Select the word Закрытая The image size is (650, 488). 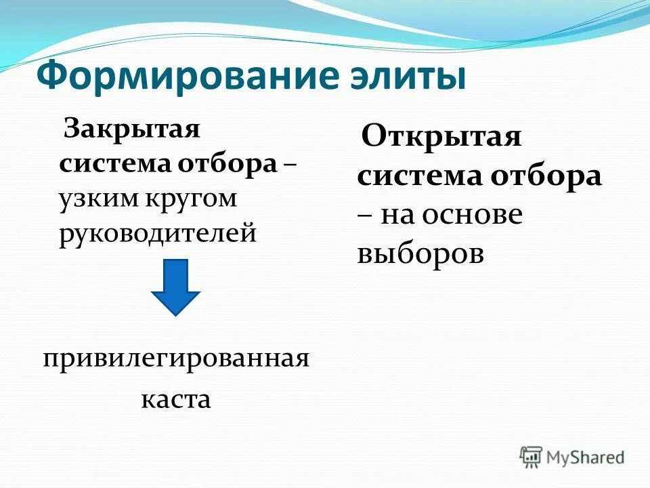pyautogui.click(x=131, y=129)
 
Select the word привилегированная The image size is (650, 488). pyautogui.click(x=175, y=357)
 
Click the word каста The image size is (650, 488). pyautogui.click(x=175, y=399)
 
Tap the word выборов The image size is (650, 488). pyautogui.click(x=420, y=253)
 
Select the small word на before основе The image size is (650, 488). pyautogui.click(x=397, y=215)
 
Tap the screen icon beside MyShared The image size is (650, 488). pyautogui.click(x=532, y=457)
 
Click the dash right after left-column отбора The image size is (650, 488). pyautogui.click(x=289, y=165)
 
